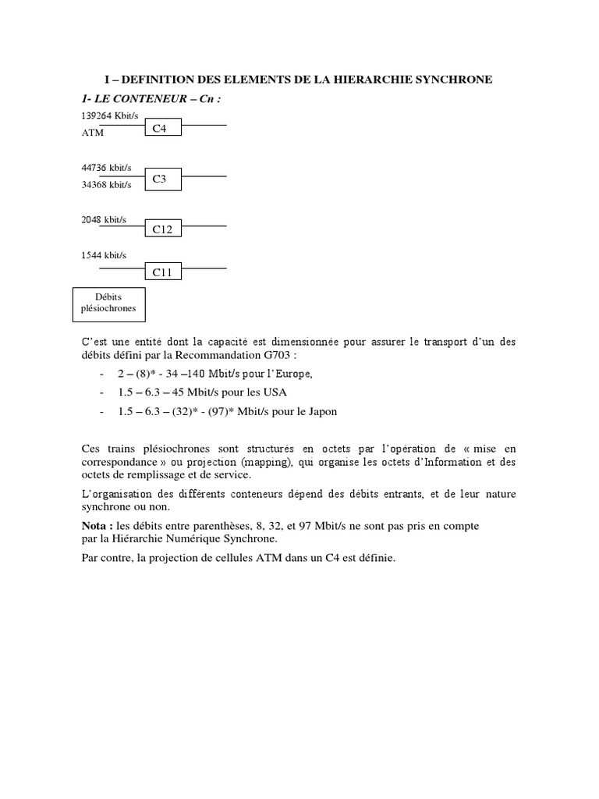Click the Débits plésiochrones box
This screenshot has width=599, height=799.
click(108, 303)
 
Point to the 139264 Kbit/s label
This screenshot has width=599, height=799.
click(109, 115)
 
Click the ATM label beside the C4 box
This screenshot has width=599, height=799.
click(92, 133)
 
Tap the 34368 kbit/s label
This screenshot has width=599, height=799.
click(106, 185)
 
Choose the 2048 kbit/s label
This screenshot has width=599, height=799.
click(104, 220)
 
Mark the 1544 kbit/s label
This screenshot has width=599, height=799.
click(104, 255)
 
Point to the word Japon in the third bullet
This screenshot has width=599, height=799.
click(321, 411)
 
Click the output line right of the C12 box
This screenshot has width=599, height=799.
click(204, 226)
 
